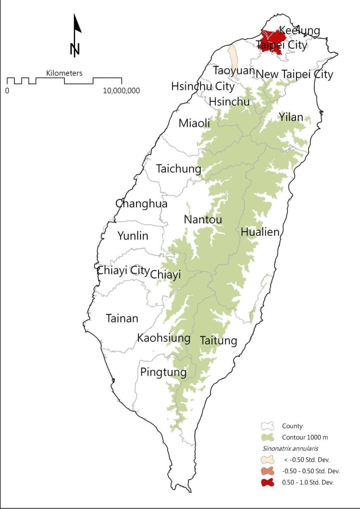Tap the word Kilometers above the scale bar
pos(64,73)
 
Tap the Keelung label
pos(300,31)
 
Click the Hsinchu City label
pos(203,87)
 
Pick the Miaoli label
pos(194,123)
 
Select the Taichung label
pos(179,169)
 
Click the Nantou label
pos(203,220)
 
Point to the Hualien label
pos(260,232)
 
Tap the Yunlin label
pos(133,236)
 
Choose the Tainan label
pos(122,318)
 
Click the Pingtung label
pos(163,372)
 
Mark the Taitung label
pos(218,341)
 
